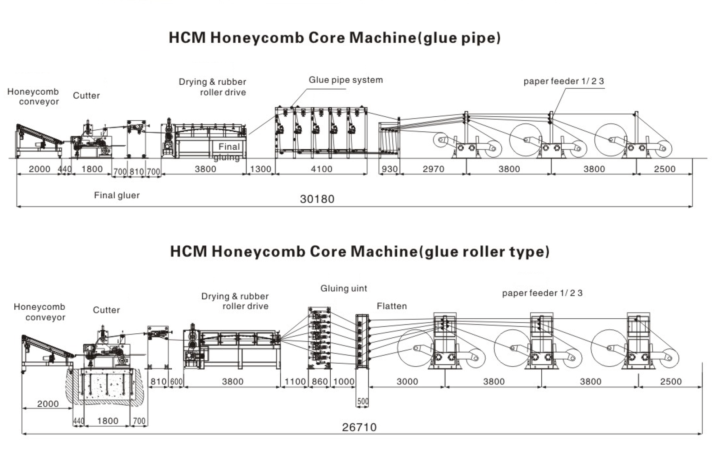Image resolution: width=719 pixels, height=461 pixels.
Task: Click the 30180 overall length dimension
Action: (317, 199)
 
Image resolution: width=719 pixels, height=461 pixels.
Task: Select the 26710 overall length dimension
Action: (359, 427)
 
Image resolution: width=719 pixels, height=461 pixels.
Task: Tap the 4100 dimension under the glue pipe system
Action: (321, 169)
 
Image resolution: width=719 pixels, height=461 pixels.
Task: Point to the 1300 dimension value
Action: (261, 169)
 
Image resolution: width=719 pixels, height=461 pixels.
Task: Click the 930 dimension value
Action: (389, 169)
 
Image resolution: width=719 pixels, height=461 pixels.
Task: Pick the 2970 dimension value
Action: (433, 169)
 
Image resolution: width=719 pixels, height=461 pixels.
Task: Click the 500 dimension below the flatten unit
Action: (363, 401)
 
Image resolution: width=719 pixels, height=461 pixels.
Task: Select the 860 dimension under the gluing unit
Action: (319, 381)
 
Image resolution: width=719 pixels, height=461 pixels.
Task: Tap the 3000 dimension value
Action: (407, 381)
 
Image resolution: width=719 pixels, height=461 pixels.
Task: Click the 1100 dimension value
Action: (295, 381)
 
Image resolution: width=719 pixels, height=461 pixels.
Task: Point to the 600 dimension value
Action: (176, 381)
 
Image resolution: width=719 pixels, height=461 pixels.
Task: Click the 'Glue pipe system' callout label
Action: (345, 80)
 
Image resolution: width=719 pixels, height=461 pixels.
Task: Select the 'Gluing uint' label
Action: (344, 288)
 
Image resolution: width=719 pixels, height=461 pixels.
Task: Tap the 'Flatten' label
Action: (392, 306)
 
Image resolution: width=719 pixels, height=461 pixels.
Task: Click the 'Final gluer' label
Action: (117, 195)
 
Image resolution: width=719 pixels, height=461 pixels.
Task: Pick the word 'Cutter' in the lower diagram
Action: (106, 310)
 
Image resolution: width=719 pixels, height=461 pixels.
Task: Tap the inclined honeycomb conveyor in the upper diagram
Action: (38, 135)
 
